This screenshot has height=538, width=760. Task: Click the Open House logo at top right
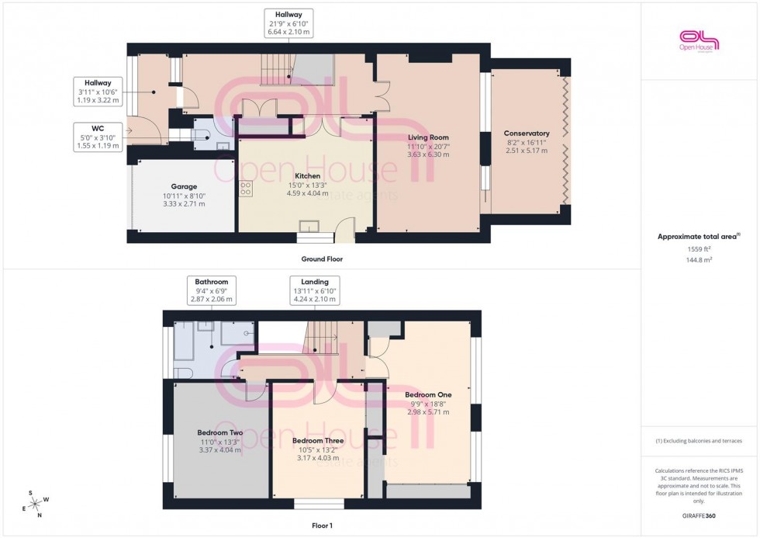(699, 40)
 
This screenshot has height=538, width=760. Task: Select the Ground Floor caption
(322, 259)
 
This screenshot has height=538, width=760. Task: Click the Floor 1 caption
(321, 526)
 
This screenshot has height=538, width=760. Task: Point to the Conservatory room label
(527, 134)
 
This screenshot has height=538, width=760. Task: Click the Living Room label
(429, 137)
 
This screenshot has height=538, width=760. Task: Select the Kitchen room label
(307, 176)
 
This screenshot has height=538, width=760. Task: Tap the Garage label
(184, 186)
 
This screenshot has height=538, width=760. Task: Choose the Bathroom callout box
(211, 290)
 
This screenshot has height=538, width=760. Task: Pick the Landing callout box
(315, 290)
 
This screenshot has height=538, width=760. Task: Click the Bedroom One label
(428, 394)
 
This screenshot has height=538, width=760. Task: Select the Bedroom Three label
(318, 441)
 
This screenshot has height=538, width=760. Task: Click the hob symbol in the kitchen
(246, 189)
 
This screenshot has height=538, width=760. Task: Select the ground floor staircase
(277, 71)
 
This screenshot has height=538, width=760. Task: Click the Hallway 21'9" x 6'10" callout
(288, 23)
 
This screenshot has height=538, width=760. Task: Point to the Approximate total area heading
(699, 236)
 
